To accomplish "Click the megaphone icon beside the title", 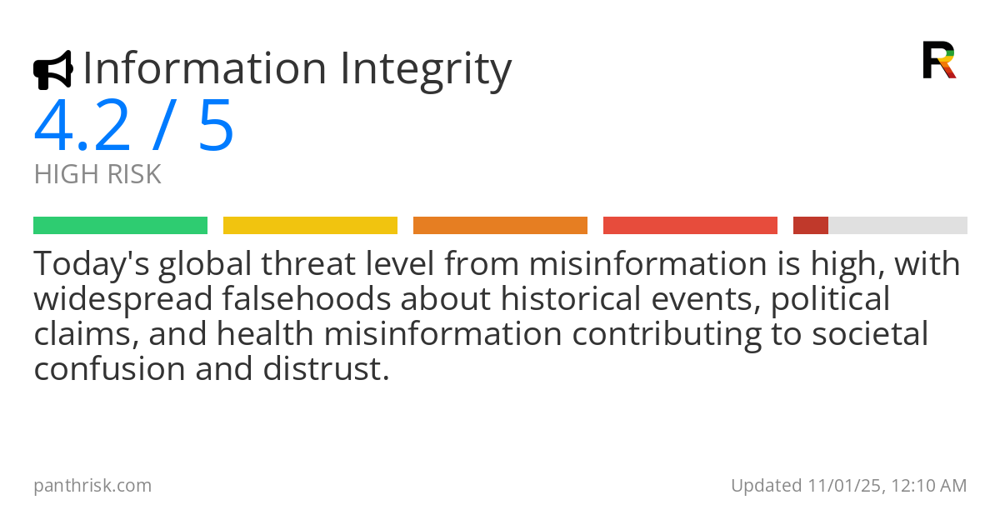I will click(52, 70).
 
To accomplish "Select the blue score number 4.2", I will click(82, 127).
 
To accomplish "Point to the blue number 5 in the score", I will click(216, 127).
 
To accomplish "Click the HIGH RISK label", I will click(97, 175).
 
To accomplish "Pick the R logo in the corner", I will click(938, 60).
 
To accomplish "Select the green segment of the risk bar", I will click(120, 226).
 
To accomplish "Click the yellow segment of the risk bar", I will click(310, 226).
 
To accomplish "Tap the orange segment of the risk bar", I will click(500, 226).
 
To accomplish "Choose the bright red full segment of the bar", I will click(690, 226).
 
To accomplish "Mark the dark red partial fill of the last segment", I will click(810, 226).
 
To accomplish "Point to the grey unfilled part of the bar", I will click(897, 226).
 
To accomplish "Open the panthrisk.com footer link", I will click(92, 485).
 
